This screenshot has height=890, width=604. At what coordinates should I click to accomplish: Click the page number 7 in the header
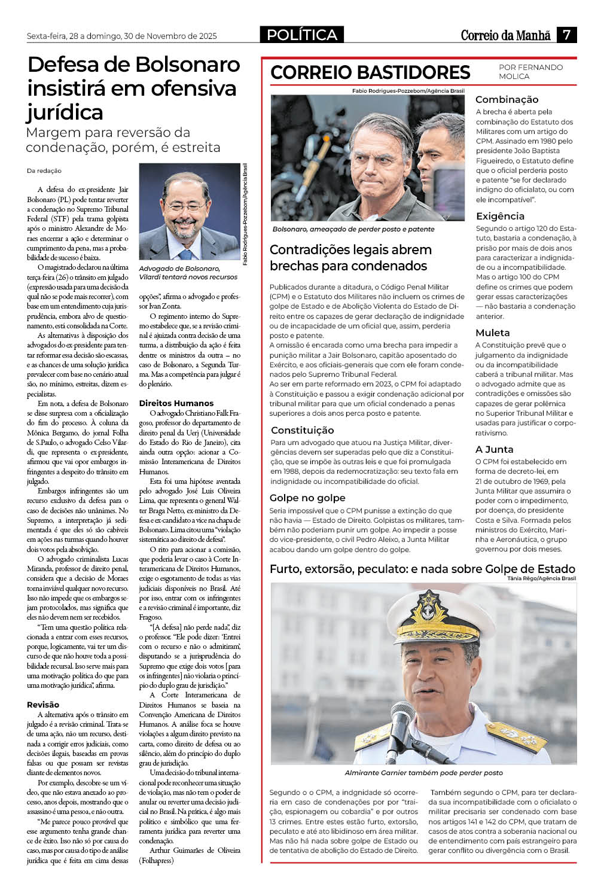pyautogui.click(x=566, y=35)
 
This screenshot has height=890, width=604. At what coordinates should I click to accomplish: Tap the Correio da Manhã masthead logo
pyautogui.click(x=505, y=35)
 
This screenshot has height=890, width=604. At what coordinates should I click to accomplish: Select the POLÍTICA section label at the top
pyautogui.click(x=302, y=35)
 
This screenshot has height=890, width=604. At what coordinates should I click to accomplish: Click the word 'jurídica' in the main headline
pyautogui.click(x=65, y=112)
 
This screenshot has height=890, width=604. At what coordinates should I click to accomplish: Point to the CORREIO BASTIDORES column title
pyautogui.click(x=370, y=72)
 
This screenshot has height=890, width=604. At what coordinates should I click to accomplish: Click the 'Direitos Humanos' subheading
pyautogui.click(x=176, y=403)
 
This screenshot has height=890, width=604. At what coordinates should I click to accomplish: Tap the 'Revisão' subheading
pyautogui.click(x=43, y=705)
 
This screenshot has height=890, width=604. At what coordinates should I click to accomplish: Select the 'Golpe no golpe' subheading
pyautogui.click(x=307, y=498)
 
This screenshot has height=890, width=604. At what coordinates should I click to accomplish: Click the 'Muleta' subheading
pyautogui.click(x=493, y=333)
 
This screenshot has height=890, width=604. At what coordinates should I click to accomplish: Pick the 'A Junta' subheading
pyautogui.click(x=495, y=449)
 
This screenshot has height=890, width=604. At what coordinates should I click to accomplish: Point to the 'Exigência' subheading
pyautogui.click(x=500, y=216)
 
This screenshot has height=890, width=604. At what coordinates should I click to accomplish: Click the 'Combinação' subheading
pyautogui.click(x=507, y=99)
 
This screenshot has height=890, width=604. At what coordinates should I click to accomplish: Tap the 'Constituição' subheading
pyautogui.click(x=303, y=430)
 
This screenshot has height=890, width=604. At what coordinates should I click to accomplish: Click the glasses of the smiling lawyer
pyautogui.click(x=185, y=208)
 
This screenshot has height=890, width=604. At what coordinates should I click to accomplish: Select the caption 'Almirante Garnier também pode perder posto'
pyautogui.click(x=424, y=773)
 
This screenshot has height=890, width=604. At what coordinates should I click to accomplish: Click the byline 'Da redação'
pyautogui.click(x=44, y=170)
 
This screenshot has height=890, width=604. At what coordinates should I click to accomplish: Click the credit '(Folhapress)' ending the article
pyautogui.click(x=156, y=860)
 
